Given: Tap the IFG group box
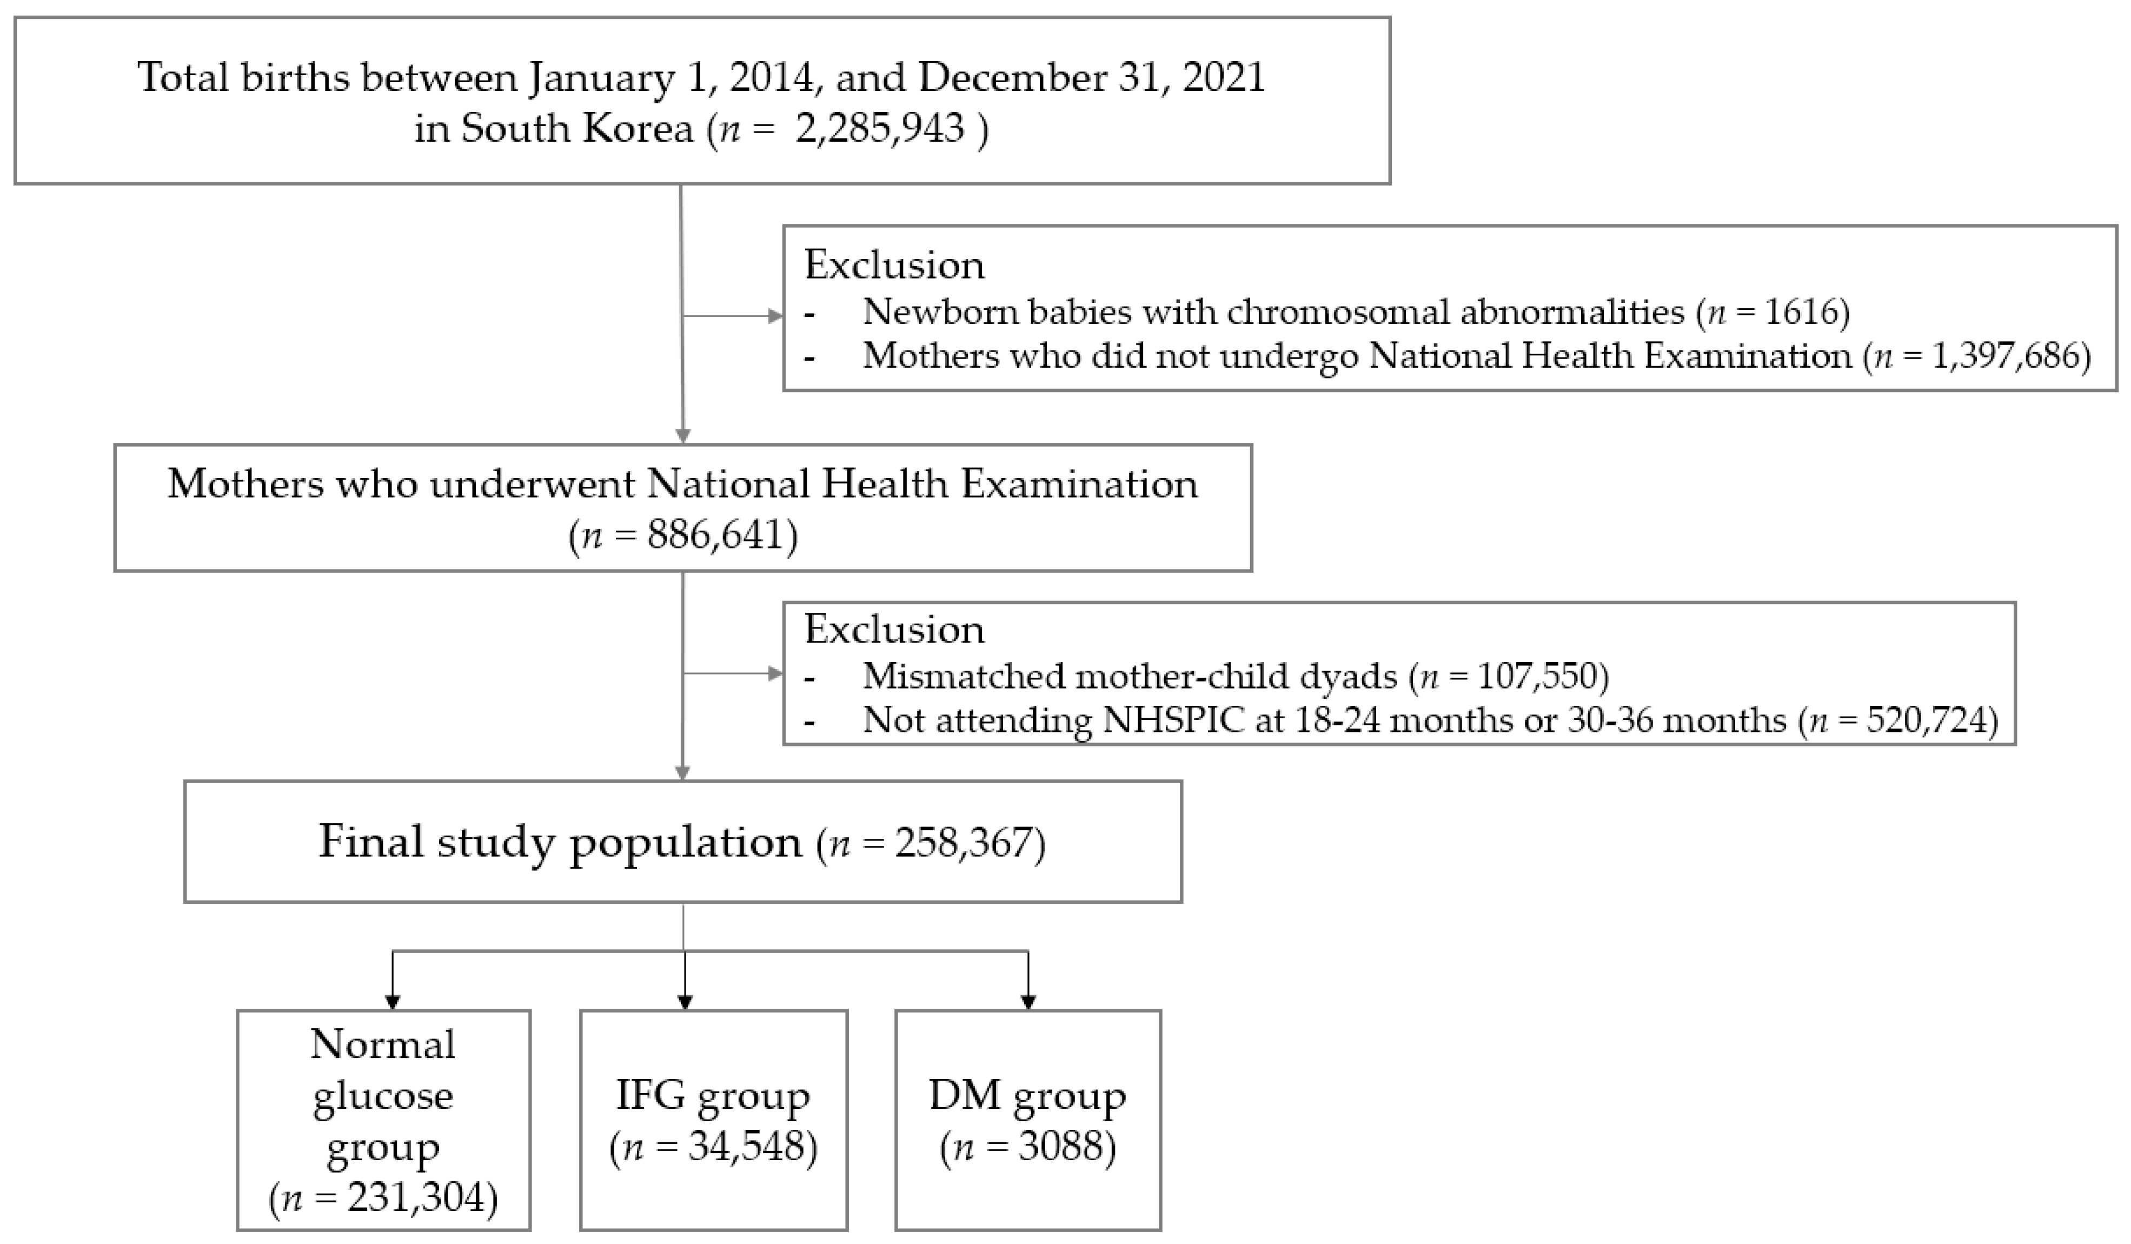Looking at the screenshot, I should (x=713, y=1120).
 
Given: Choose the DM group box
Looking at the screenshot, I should (x=1027, y=1120).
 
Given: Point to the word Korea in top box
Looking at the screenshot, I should (x=633, y=129).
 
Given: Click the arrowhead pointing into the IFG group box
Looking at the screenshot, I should (x=685, y=1002).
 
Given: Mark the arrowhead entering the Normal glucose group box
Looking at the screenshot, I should (x=393, y=1002).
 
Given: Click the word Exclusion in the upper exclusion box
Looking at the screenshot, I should (x=894, y=266).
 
